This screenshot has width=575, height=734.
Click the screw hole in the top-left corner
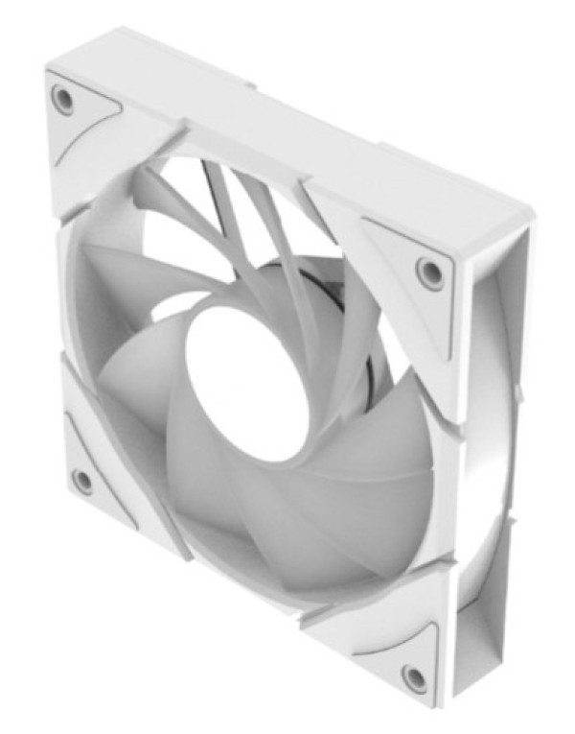click(63, 99)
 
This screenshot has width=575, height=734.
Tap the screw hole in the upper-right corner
click(429, 272)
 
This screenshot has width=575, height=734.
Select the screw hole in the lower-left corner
click(82, 480)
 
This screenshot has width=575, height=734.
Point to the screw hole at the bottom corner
click(415, 677)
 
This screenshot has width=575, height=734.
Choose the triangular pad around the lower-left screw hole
click(96, 470)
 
